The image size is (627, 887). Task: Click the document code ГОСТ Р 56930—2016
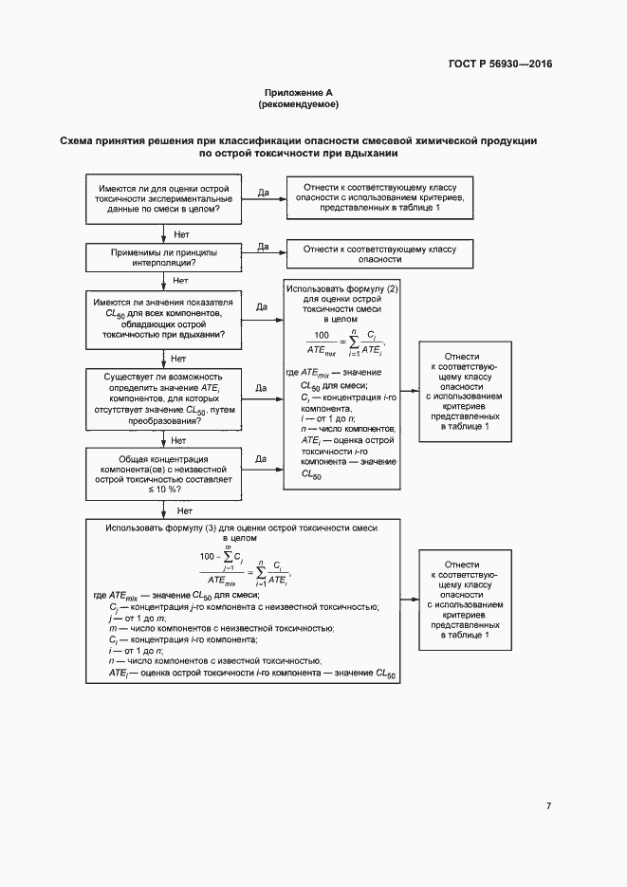click(x=499, y=65)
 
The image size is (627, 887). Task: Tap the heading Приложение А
click(x=299, y=93)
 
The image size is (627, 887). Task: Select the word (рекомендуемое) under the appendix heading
click(x=299, y=104)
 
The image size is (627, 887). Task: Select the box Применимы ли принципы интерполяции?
click(x=163, y=257)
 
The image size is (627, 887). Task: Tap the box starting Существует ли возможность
click(x=163, y=399)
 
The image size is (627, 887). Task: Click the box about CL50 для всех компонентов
click(x=163, y=318)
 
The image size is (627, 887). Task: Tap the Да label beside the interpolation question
click(x=263, y=246)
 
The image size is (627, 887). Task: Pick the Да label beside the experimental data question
click(x=263, y=192)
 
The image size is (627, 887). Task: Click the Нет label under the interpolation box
click(x=178, y=281)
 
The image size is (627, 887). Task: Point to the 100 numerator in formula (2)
click(x=320, y=335)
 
